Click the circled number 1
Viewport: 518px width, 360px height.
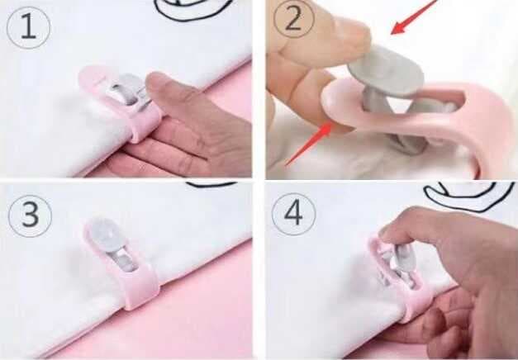coord(28,28)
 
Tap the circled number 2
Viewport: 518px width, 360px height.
coord(293,19)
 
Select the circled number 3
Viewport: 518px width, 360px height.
coord(30,216)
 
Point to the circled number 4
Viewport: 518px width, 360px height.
coord(293,214)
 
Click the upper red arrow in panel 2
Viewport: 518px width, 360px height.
coord(414,17)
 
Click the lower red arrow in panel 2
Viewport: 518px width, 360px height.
coord(309,143)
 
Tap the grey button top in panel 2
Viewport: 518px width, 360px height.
coord(386,71)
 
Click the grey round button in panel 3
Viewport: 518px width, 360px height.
coord(104,231)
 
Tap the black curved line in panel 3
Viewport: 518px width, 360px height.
coord(211,184)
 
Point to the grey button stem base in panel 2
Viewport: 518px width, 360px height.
coord(407,145)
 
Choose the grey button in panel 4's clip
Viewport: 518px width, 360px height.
coord(401,261)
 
